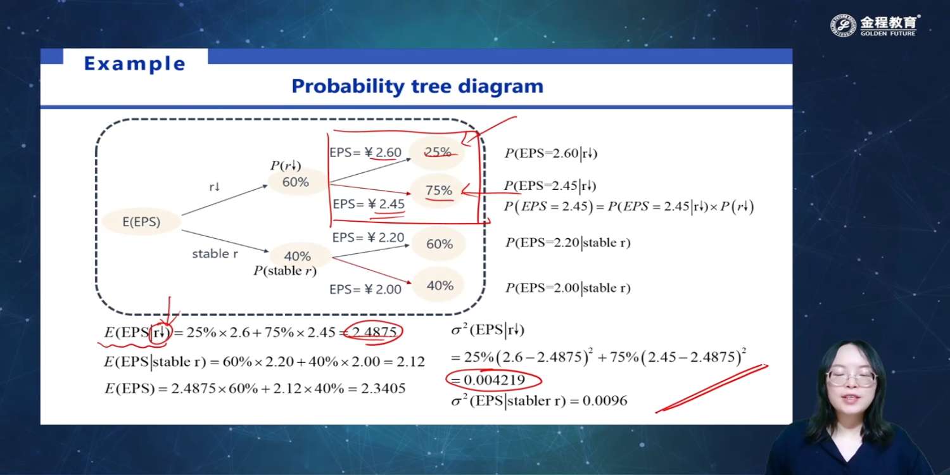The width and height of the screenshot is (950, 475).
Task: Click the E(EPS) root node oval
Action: [141, 222]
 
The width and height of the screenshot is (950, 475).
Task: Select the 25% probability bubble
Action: [437, 152]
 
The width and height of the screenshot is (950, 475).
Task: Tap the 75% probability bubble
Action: [438, 190]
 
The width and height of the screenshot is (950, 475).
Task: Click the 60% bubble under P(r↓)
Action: [296, 182]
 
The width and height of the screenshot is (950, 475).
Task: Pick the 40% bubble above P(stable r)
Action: [297, 256]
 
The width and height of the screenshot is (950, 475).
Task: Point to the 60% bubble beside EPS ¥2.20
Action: [440, 244]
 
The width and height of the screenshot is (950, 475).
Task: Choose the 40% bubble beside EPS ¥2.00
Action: [440, 285]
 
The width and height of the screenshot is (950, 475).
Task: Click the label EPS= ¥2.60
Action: [365, 152]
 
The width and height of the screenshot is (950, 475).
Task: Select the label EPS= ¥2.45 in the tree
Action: [369, 204]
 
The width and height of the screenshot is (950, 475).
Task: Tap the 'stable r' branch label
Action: [215, 253]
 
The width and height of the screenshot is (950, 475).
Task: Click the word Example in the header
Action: [135, 63]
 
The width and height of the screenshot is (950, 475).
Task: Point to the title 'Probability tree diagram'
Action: [417, 86]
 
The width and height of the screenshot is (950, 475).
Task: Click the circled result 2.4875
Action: [373, 332]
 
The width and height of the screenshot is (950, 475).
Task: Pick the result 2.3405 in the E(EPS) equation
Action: [383, 388]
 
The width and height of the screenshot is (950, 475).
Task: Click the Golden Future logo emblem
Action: [843, 25]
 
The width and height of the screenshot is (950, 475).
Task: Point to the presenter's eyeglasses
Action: [851, 377]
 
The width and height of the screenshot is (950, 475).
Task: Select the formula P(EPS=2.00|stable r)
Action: [568, 288]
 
